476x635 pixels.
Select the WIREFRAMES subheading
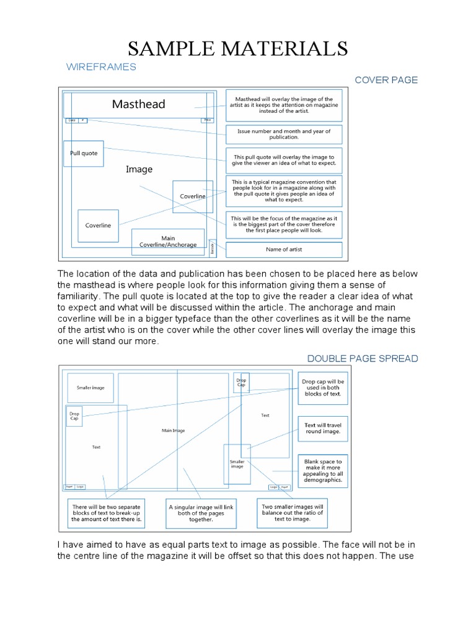tap(100, 67)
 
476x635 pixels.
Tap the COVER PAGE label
tap(386, 80)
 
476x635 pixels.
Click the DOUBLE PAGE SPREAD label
tap(363, 358)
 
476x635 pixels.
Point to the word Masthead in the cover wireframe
tap(138, 104)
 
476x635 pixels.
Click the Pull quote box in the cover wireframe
tap(84, 154)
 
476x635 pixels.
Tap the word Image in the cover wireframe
tap(139, 169)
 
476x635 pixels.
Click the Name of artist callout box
tap(283, 250)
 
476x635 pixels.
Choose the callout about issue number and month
tap(283, 135)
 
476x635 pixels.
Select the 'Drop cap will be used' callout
tap(322, 388)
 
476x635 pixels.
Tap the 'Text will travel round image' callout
tap(322, 429)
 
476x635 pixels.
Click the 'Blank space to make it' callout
tap(322, 471)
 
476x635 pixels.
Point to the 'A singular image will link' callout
tap(201, 513)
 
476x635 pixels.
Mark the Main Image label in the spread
tap(173, 430)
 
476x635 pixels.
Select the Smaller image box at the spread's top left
tap(90, 388)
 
